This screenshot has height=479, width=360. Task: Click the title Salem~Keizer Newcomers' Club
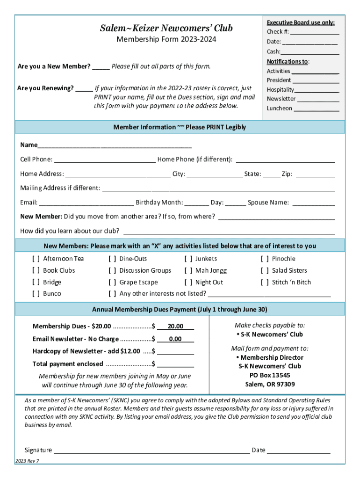(166, 29)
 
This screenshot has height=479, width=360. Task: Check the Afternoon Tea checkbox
(36, 259)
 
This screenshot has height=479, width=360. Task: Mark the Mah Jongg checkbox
(188, 270)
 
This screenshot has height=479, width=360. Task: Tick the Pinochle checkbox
(265, 259)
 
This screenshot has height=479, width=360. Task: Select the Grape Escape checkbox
(112, 283)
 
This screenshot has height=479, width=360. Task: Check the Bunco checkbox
(36, 294)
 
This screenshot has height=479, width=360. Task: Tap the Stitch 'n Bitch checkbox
(265, 283)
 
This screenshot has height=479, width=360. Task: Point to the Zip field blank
(315, 174)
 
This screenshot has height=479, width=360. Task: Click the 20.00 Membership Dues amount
(175, 327)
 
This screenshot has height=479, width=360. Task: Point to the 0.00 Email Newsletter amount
(175, 339)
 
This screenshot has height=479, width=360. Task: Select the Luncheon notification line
(316, 109)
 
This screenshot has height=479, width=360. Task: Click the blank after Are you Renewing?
(84, 88)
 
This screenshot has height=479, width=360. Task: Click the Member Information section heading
(180, 127)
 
